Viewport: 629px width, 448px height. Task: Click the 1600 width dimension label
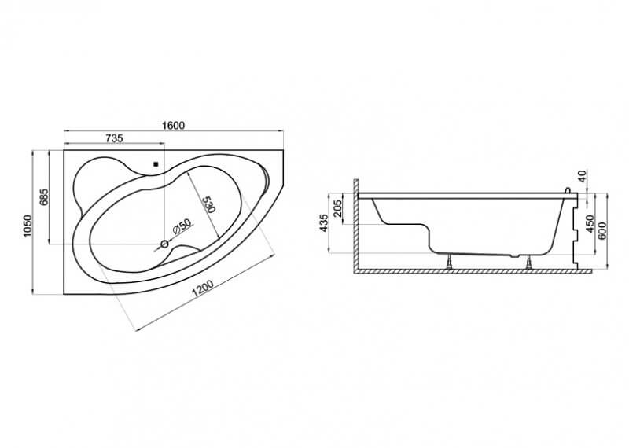click(173, 126)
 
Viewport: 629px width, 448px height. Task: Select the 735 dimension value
click(114, 138)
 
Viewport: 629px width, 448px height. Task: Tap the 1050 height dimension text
click(28, 226)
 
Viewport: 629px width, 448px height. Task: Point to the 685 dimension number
click(44, 197)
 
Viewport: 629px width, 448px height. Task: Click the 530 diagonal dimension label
click(208, 204)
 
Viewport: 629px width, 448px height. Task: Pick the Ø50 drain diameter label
click(182, 227)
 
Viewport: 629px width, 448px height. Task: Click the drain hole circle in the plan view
click(164, 244)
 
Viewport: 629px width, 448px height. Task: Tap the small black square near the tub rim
click(156, 163)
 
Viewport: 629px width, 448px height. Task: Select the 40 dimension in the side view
click(583, 175)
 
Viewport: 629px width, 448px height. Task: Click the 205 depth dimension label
click(338, 208)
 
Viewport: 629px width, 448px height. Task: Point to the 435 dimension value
click(324, 223)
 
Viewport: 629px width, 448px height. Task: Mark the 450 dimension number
click(590, 224)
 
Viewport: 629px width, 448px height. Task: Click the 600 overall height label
click(602, 230)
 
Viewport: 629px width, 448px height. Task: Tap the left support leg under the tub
click(450, 261)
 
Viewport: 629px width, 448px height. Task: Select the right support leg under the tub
click(530, 262)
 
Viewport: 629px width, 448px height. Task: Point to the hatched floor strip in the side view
click(473, 271)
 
